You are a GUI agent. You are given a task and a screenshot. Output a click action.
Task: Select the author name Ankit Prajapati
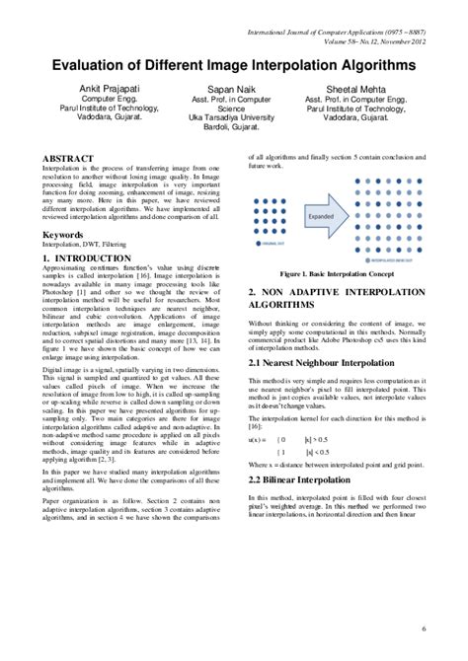point(97,88)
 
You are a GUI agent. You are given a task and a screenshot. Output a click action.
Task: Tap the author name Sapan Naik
point(234,88)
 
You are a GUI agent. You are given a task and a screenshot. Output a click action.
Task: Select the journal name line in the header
point(351,13)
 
